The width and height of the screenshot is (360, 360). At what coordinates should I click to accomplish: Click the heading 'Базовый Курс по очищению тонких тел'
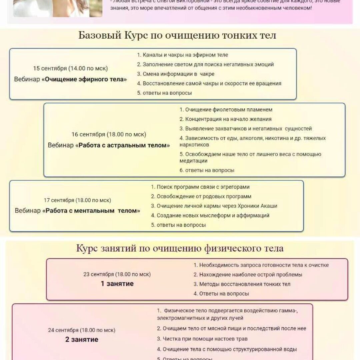point(177,35)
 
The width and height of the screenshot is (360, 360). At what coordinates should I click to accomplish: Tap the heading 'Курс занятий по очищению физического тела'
point(180,248)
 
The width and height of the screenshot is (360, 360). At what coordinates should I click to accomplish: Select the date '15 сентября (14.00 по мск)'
point(70,68)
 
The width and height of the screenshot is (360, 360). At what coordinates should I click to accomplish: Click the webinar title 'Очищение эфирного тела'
point(86,79)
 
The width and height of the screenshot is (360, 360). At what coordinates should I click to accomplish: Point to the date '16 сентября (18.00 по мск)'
point(109,134)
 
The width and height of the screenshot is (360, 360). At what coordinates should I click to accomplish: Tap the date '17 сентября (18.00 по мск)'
point(77,200)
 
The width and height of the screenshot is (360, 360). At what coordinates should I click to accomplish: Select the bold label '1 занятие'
point(117,284)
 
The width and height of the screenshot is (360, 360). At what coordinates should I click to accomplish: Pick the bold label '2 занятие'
point(82,340)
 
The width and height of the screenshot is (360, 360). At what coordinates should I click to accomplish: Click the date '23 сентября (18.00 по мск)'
point(117,274)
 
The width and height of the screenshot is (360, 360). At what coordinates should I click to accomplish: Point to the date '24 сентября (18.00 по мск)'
point(82,330)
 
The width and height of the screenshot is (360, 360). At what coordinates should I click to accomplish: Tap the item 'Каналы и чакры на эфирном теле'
point(185,55)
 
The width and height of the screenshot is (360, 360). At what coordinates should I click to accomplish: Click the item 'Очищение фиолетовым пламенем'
point(229,110)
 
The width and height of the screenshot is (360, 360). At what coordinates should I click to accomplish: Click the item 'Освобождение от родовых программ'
point(204,196)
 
